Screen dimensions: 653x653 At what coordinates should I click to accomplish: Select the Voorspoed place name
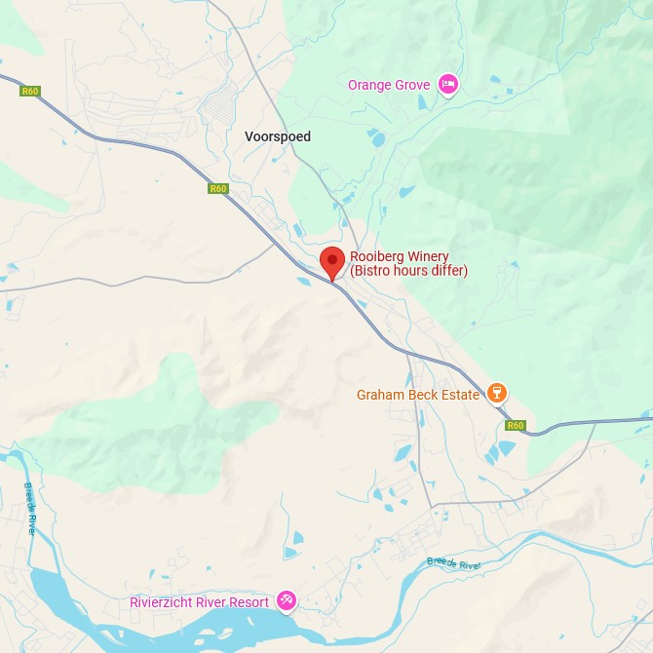pos(278,136)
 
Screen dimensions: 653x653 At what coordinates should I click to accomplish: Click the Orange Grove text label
pos(389,85)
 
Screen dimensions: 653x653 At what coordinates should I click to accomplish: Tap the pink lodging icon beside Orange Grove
pos(447,84)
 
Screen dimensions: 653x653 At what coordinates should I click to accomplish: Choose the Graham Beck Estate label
pos(418,395)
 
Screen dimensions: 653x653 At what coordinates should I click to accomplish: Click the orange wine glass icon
pos(497,393)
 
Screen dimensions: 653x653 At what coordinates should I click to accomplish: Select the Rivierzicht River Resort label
pos(199,602)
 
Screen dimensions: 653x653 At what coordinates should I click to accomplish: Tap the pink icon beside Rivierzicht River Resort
pos(287,600)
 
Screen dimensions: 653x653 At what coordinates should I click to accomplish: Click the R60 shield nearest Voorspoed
pos(217,189)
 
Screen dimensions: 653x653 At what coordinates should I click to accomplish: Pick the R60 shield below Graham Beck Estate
pos(516,425)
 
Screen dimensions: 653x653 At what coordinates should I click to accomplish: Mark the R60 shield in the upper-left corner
pos(29,92)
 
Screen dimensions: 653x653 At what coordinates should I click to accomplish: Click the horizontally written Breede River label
pos(454,563)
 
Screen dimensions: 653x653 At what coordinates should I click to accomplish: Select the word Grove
pos(411,85)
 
